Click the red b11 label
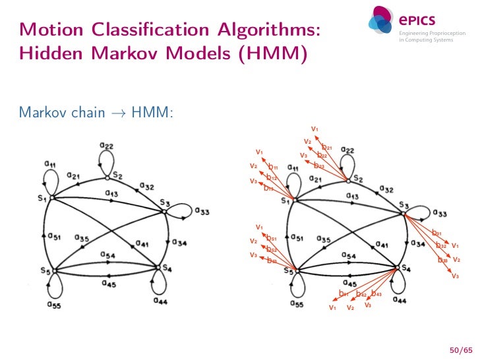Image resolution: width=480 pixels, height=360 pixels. tap(272, 168)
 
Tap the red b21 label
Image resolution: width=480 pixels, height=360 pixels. tap(327, 147)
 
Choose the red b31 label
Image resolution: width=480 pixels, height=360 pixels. tap(436, 233)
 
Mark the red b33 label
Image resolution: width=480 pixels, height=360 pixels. tap(442, 260)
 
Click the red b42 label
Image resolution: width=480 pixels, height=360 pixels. tap(361, 294)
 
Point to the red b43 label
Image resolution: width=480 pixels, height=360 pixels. tap(376, 293)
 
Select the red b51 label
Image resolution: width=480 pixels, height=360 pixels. tap(271, 238)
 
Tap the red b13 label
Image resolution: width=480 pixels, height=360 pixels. tap(269, 188)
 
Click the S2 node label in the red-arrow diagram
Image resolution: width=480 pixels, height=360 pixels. tap(358, 178)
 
